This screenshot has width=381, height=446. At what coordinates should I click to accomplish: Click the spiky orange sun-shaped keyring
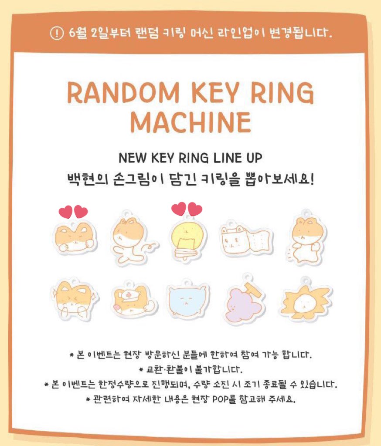(x=305, y=301)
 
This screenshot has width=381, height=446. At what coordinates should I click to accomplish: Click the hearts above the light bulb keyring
(x=187, y=209)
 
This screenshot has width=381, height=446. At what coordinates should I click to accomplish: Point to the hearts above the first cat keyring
(x=73, y=213)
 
